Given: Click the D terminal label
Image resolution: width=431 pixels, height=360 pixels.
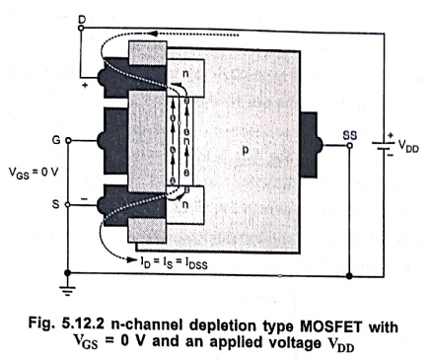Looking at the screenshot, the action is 82,20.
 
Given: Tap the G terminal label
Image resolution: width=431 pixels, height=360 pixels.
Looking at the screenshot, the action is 56,140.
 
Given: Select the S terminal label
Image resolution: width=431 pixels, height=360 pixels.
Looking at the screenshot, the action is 56,204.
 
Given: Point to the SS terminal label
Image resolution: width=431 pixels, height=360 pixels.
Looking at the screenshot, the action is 350,135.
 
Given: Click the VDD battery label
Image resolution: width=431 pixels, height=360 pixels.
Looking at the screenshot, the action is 408,146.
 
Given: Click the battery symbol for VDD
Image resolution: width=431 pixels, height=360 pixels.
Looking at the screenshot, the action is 384,145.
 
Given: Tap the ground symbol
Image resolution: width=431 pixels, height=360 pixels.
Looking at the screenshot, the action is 67,291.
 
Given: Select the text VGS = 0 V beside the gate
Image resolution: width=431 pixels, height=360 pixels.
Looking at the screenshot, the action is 33,173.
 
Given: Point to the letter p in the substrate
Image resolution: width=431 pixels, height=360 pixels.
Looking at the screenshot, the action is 246,150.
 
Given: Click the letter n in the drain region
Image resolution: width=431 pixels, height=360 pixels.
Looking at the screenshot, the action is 185,73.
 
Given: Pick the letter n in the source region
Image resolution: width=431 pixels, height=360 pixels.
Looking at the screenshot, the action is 185,205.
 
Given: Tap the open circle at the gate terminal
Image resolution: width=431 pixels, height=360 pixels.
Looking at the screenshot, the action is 68,141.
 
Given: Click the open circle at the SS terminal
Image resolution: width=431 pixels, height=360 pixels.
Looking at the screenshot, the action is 350,145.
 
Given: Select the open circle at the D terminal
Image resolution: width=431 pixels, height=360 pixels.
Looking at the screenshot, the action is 81,29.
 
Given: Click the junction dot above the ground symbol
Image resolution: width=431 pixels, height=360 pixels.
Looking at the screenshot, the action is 67,273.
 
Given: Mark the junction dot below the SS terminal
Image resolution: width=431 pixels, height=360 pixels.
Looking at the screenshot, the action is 349,275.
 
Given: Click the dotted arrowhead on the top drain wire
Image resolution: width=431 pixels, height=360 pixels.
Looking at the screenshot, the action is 152,34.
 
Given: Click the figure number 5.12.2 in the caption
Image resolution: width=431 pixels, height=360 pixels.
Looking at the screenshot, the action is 83,324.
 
